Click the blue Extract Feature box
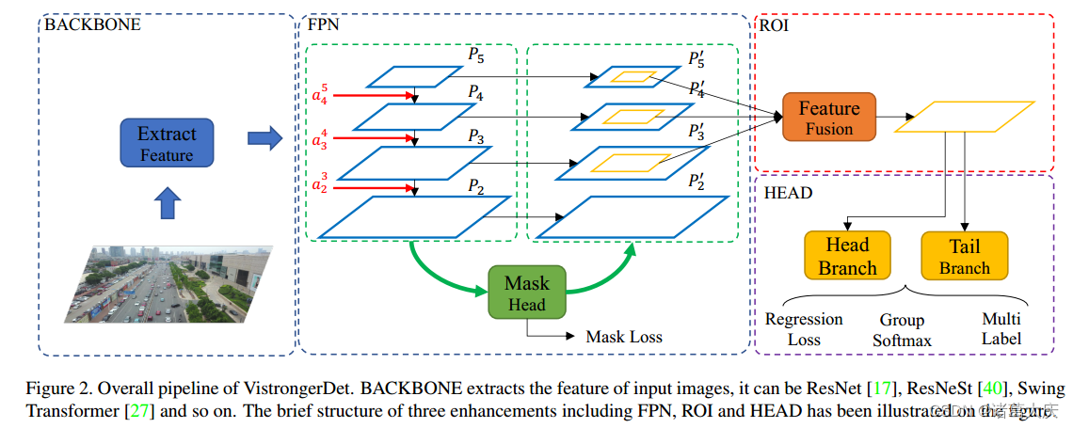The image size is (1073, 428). (x=168, y=143)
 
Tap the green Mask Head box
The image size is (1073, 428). (x=526, y=293)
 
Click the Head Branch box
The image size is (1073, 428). (x=847, y=257)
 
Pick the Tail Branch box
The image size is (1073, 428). (x=964, y=257)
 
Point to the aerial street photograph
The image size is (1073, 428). (x=169, y=284)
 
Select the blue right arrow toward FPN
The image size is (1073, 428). (x=264, y=139)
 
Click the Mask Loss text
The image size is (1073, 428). (x=624, y=337)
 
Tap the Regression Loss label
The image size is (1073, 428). (x=804, y=329)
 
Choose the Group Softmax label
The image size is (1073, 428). (x=901, y=330)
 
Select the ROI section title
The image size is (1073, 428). (x=777, y=25)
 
